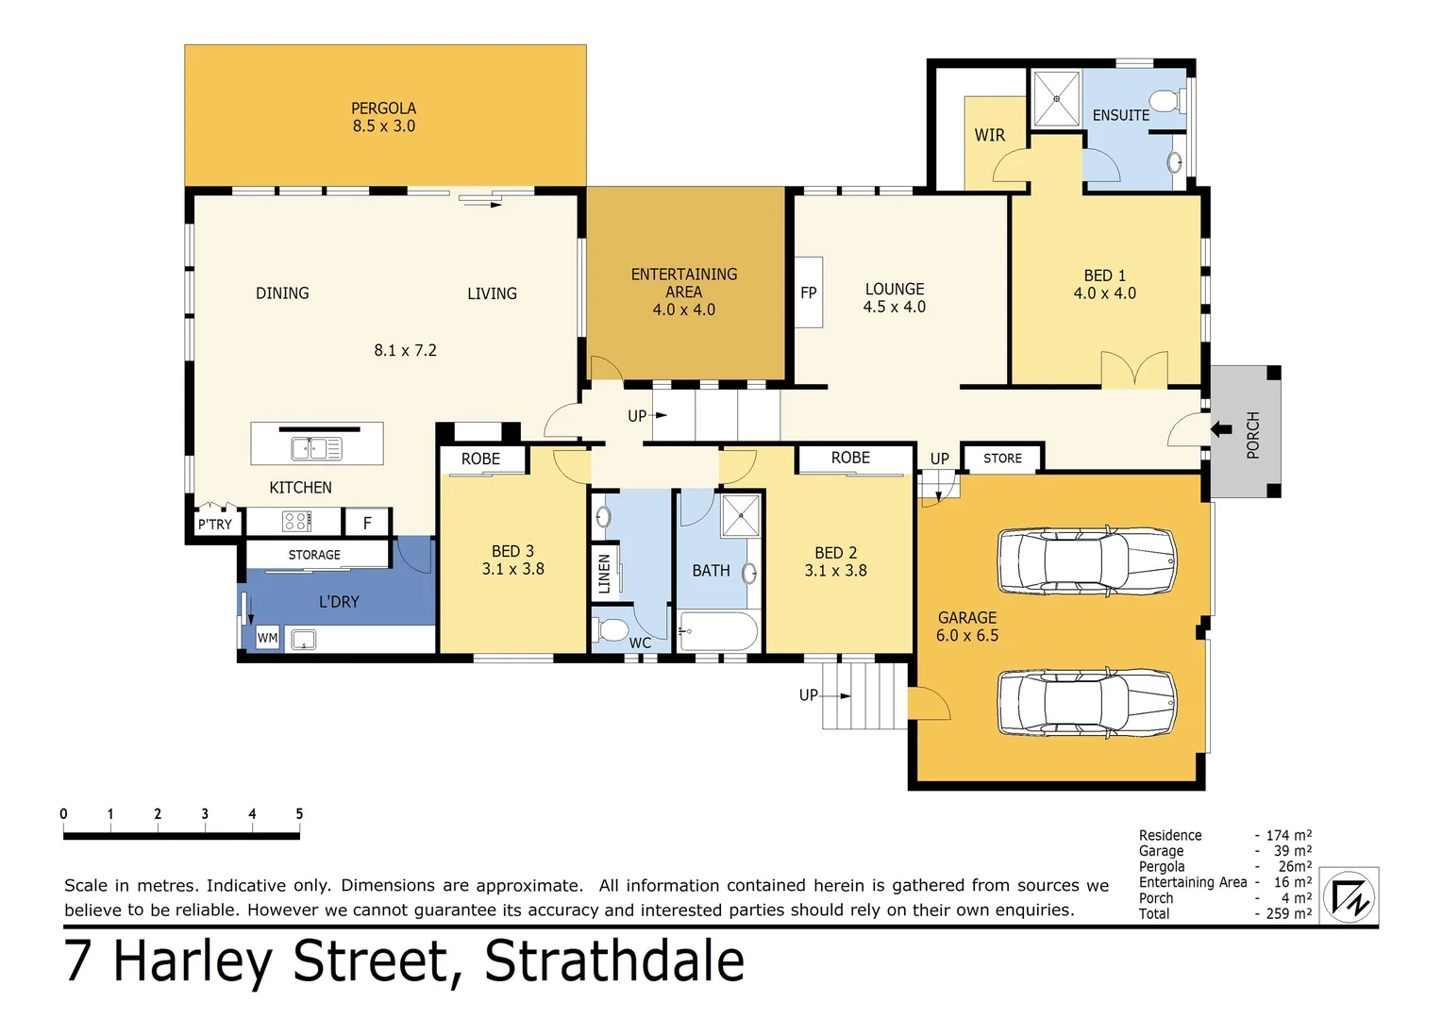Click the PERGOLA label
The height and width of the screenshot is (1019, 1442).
pos(383,109)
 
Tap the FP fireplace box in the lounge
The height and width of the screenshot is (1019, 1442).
pos(809,292)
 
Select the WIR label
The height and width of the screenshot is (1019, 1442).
pos(989,135)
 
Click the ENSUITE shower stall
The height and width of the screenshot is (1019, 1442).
pos(1056,98)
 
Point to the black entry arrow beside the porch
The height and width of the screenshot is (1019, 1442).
pos(1221,429)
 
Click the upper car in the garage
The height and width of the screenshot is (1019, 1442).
pos(1086,560)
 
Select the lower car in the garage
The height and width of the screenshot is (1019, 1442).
pos(1086,703)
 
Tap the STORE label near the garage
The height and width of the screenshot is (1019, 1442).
pos(1002,459)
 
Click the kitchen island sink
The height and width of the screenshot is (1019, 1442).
pos(316,448)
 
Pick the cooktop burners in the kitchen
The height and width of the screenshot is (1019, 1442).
pos(296,521)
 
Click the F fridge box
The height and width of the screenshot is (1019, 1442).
pos(367,523)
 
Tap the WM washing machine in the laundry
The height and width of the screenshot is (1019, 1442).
pos(267,639)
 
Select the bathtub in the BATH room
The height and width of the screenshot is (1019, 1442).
pos(718,631)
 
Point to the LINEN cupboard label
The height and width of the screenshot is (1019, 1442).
pos(604,573)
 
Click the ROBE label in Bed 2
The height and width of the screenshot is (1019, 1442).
pos(850,458)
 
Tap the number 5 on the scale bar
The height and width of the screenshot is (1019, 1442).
pos(299,813)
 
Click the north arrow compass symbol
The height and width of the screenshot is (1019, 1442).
pos(1350,896)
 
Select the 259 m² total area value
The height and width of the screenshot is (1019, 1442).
pos(1288,913)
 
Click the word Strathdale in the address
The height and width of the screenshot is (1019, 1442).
pos(614,961)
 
